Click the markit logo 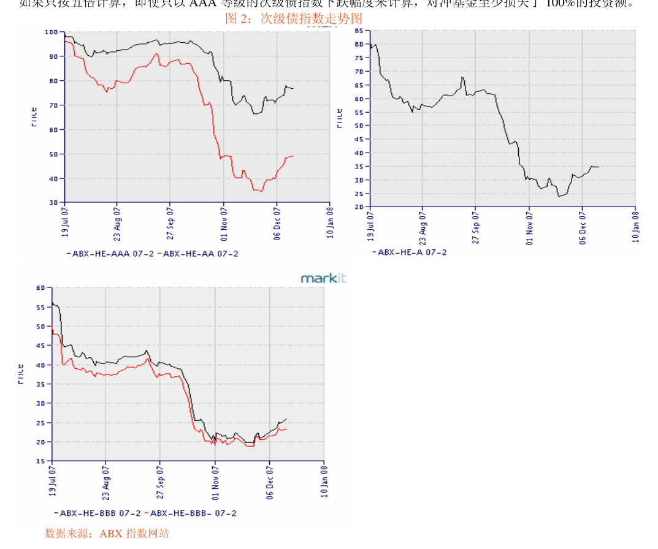323,278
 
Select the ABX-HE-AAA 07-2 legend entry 112,253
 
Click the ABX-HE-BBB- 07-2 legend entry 193,513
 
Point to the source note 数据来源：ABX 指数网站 107,534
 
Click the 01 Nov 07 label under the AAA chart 224,223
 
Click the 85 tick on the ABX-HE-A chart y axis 359,30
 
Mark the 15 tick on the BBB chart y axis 40,461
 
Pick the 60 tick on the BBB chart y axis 40,287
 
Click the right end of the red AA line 293,156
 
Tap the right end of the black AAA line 293,89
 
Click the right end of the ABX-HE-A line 599,167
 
